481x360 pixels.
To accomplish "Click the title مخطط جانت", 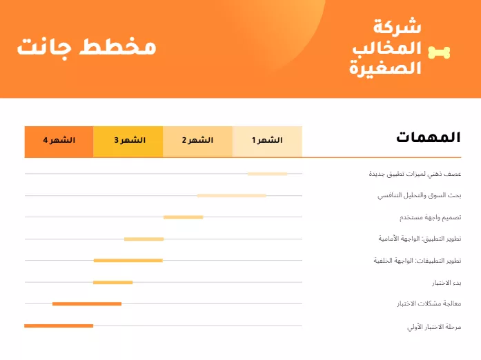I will pos(86,47).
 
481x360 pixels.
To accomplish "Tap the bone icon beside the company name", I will pos(439,52).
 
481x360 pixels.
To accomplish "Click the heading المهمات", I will pos(428,137).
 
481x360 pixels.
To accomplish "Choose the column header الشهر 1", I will pos(267,141).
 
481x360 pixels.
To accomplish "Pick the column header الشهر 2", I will pos(197,141).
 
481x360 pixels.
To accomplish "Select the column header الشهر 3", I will pos(128,141).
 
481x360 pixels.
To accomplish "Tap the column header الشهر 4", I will pos(59,141).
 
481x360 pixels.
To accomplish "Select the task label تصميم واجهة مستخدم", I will pos(430,218).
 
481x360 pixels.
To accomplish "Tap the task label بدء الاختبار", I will pos(446,283).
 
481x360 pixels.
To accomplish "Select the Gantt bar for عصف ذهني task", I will pos(267,174).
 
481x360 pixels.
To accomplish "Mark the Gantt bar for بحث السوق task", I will pos(231,196).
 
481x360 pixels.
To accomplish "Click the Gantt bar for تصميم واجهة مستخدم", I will pos(183,217).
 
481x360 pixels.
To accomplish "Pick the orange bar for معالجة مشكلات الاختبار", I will pos(87,303).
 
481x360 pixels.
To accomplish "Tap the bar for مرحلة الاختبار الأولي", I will pos(59,326).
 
